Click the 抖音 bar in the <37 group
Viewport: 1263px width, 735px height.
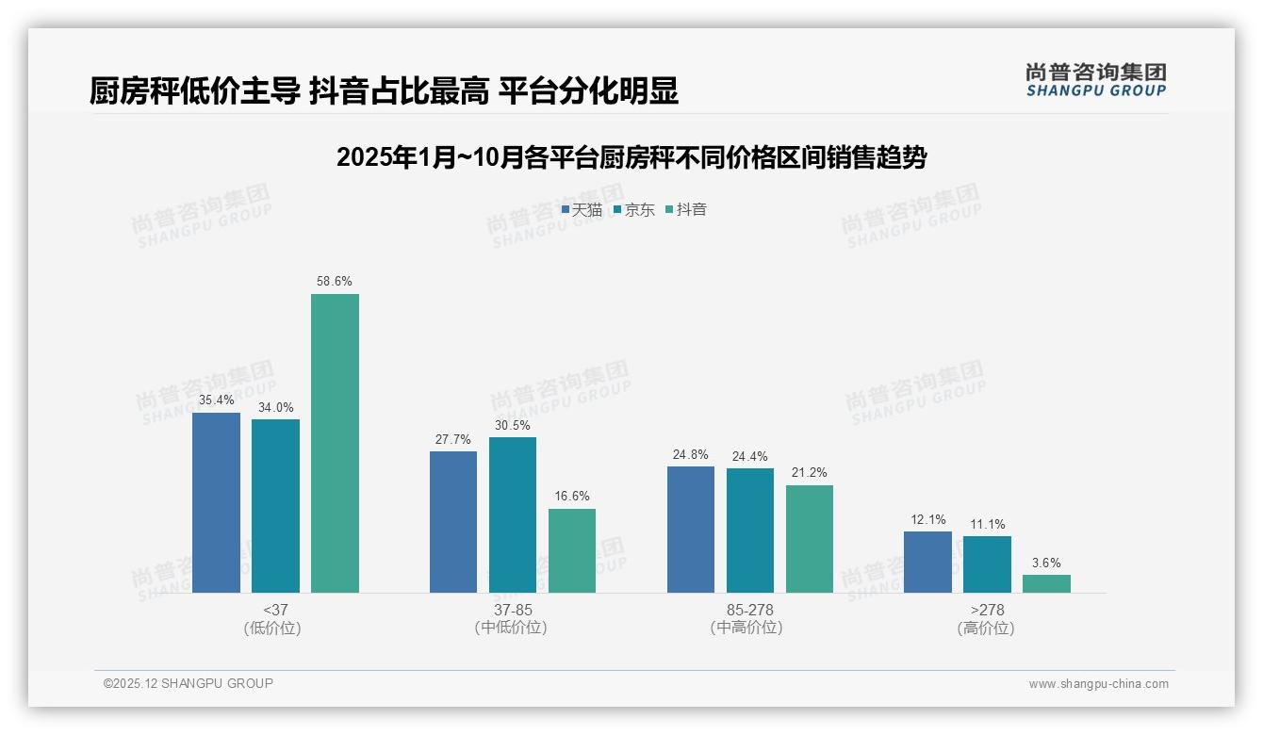click(x=335, y=443)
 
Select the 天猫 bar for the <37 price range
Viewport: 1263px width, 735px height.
click(x=216, y=502)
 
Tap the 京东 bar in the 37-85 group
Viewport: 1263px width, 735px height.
click(x=512, y=514)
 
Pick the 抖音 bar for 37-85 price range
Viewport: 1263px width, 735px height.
click(x=572, y=550)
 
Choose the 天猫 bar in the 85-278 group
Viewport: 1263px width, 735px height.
click(x=690, y=530)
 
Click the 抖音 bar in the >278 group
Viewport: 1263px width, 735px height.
click(x=1046, y=583)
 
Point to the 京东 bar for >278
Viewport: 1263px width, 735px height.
click(x=987, y=564)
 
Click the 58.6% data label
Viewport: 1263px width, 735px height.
click(x=335, y=281)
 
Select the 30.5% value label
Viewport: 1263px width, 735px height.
click(x=512, y=425)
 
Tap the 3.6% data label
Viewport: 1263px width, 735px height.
click(x=1046, y=563)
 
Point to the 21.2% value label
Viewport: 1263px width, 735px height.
click(x=809, y=473)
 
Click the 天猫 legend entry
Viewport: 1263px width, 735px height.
click(x=582, y=209)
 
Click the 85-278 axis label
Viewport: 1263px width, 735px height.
click(x=749, y=610)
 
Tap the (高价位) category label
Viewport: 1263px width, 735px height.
click(x=986, y=628)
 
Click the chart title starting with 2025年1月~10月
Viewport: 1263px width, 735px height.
click(x=631, y=157)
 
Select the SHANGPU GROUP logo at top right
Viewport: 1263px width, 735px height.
click(x=1095, y=80)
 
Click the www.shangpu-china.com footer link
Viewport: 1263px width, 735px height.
click(x=1098, y=684)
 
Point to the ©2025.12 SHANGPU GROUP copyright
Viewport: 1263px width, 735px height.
click(x=189, y=683)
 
